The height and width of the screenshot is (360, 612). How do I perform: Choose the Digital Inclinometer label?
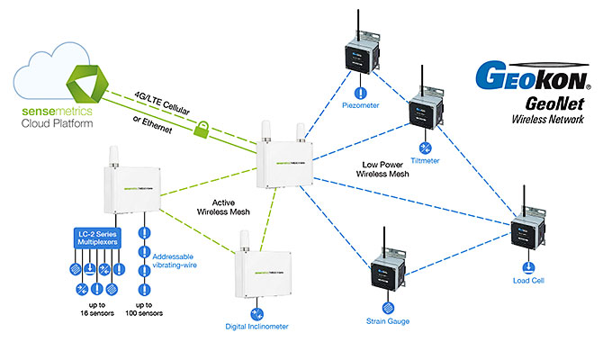(256, 326)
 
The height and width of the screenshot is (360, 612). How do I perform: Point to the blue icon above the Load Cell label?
(527, 265)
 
